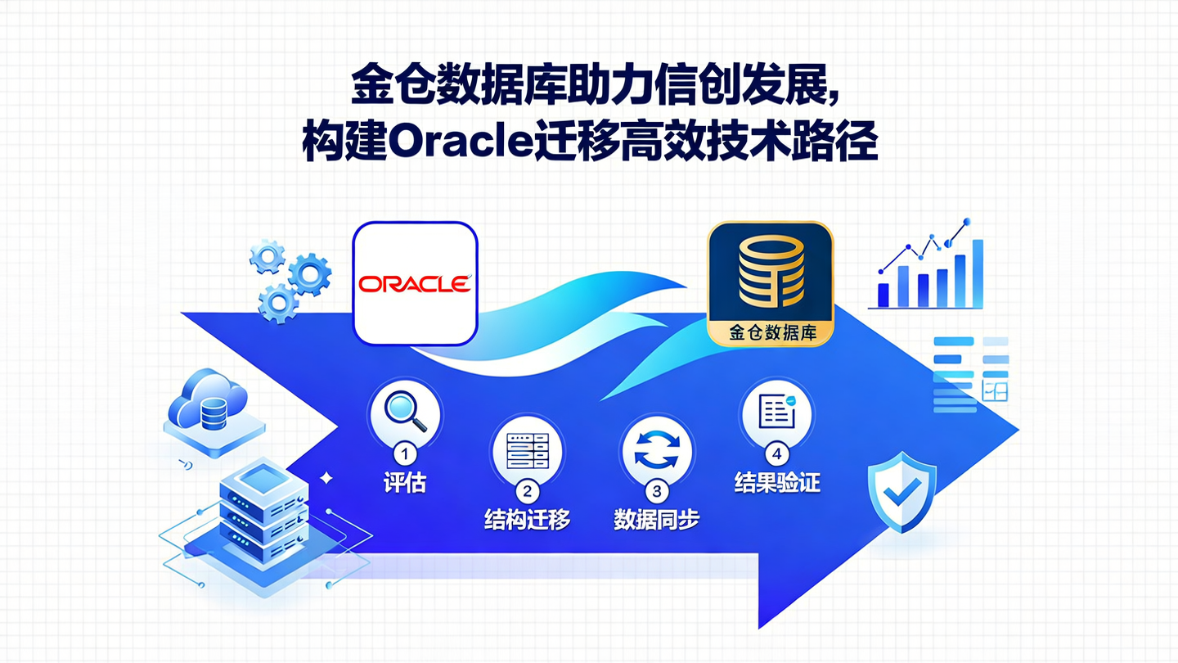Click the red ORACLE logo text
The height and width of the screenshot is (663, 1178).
(415, 283)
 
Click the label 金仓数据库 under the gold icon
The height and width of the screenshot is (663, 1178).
(769, 334)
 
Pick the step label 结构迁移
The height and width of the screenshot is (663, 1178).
(527, 520)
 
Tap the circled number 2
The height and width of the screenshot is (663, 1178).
(527, 491)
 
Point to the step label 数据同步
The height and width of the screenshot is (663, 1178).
(657, 520)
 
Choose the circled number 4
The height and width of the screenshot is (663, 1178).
(776, 453)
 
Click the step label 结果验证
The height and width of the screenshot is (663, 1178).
(776, 483)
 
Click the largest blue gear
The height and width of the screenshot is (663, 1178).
(310, 273)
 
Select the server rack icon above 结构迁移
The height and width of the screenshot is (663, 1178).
(527, 451)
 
